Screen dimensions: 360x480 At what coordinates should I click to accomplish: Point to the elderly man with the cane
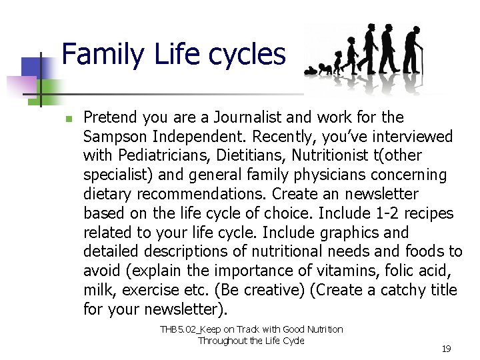click(x=413, y=50)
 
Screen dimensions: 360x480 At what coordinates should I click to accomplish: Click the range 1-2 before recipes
click(x=387, y=213)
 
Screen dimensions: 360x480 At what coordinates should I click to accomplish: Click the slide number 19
click(x=446, y=349)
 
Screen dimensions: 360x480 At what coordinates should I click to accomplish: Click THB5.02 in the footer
click(x=178, y=329)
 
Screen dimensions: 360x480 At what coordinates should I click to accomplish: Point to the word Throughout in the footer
click(x=220, y=341)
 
